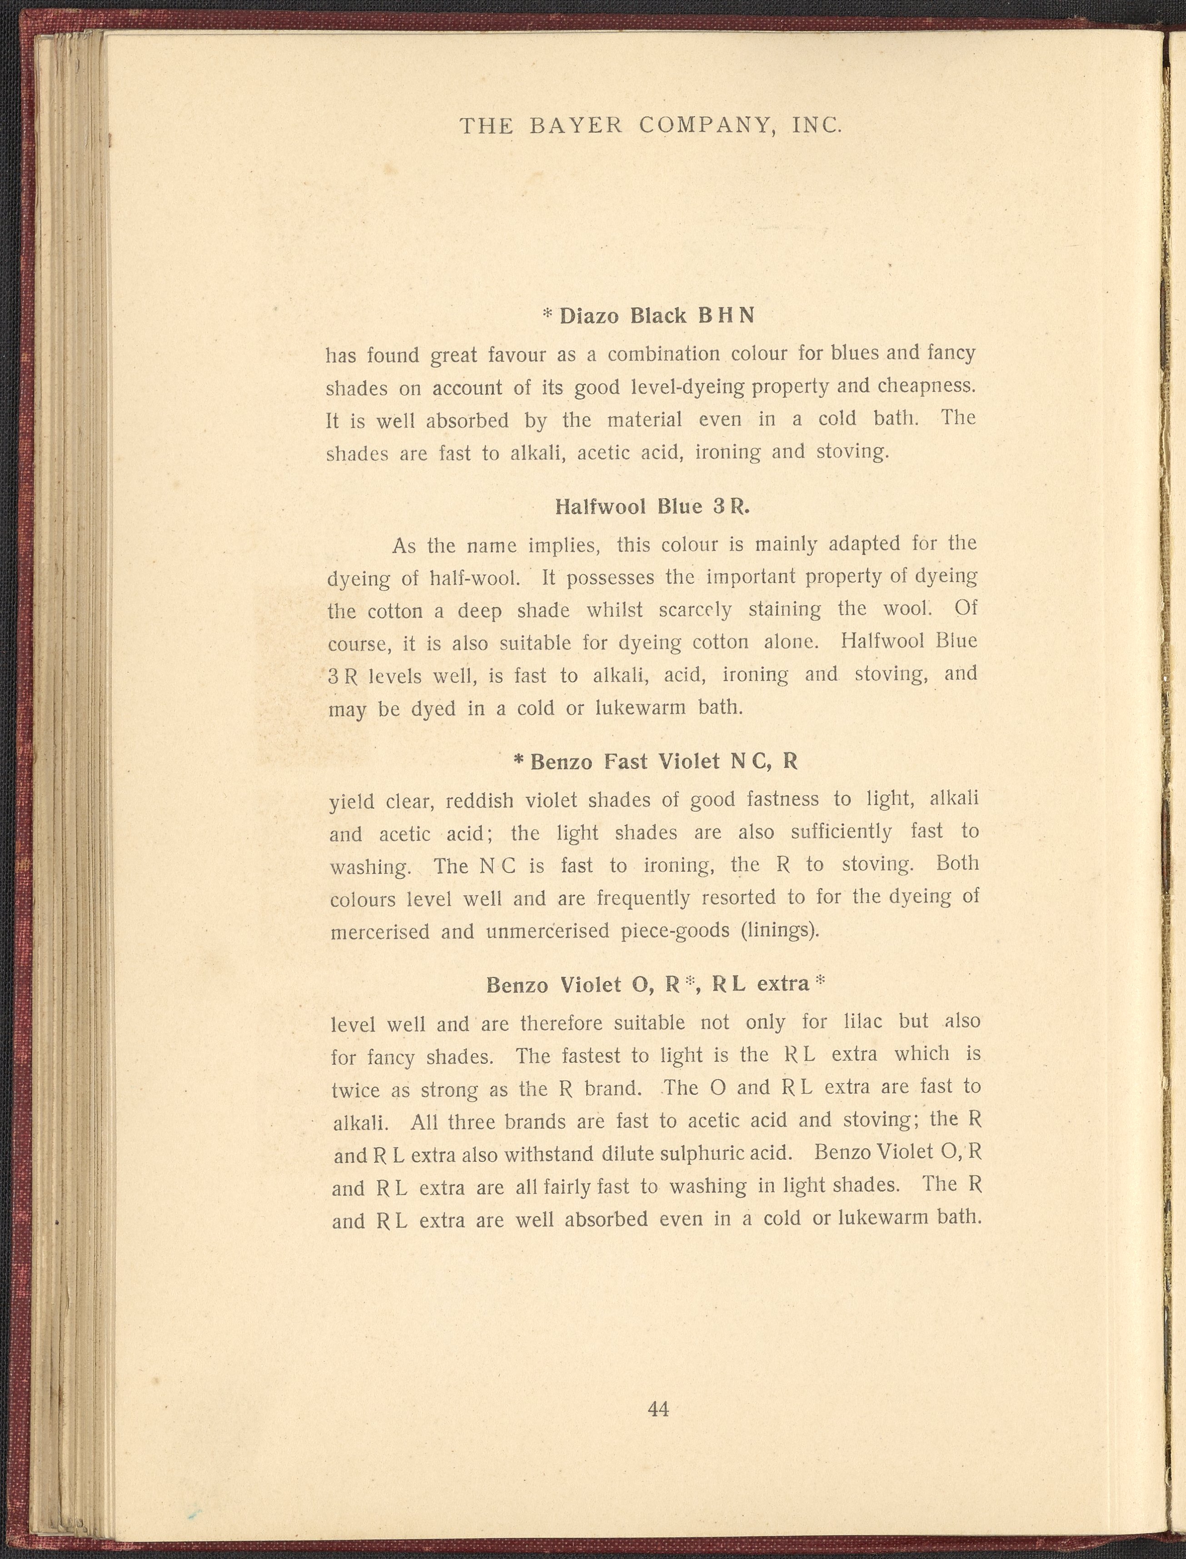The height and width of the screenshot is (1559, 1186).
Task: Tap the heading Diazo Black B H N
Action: [657, 315]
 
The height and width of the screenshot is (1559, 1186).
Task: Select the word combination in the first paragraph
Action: [663, 354]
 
